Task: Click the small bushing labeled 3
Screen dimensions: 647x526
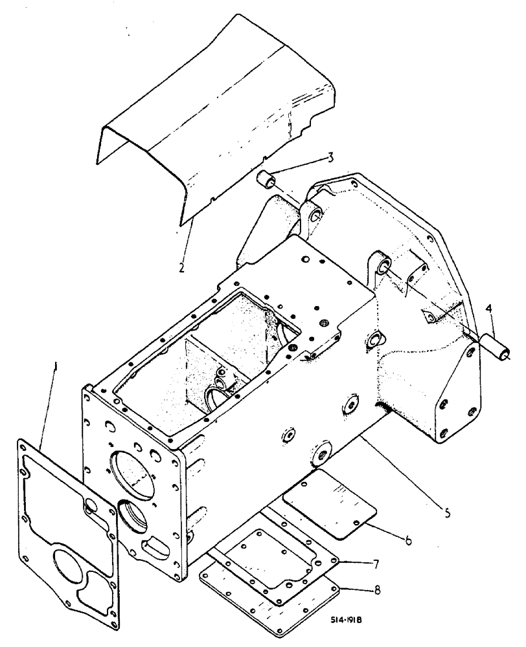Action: (267, 178)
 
